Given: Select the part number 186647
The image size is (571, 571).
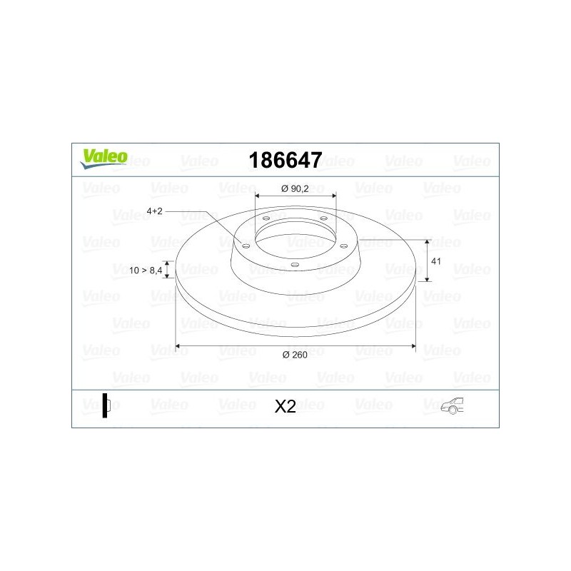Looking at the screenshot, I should click(285, 160).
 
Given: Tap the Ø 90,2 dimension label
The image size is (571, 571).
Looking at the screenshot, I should click(295, 188).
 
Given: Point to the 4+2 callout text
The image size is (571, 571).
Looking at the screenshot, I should click(155, 211).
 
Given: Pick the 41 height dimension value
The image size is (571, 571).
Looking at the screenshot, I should click(438, 261).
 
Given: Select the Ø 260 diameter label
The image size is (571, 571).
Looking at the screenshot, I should click(295, 355).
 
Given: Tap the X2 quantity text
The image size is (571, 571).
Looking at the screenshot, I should click(285, 406).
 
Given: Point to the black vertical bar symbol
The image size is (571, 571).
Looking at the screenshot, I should click(105, 405).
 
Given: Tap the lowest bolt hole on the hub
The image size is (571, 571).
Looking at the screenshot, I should click(295, 265).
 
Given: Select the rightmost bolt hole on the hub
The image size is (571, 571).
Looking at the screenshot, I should click(343, 246).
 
